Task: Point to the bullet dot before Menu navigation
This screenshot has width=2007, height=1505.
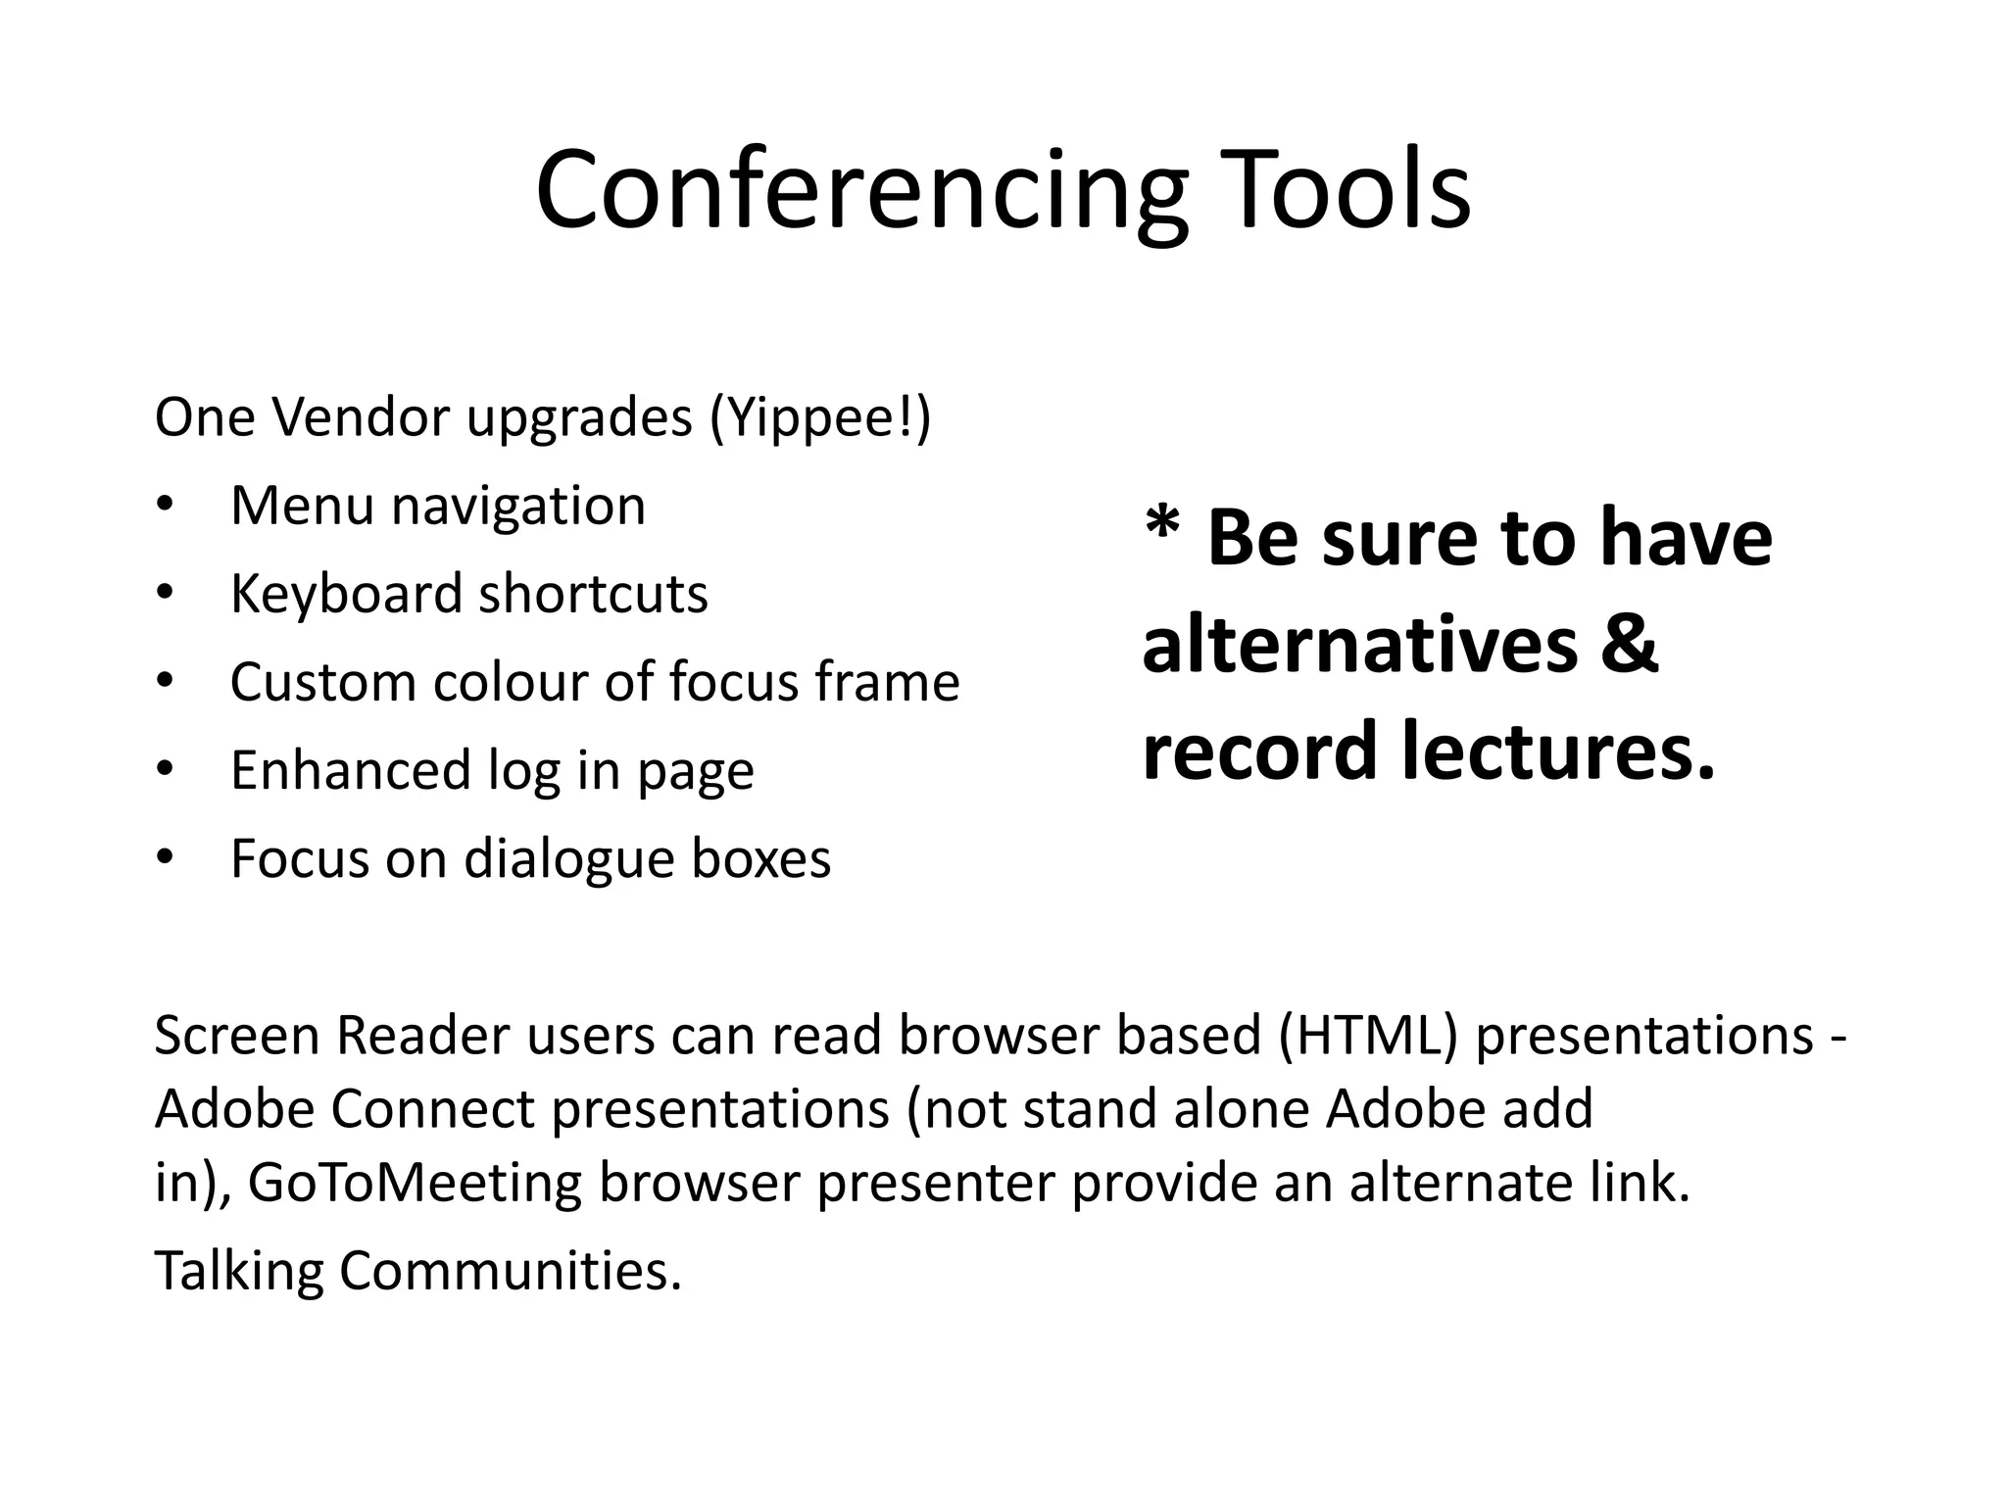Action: tap(165, 506)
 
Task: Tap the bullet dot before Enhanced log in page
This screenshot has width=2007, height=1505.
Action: tap(165, 770)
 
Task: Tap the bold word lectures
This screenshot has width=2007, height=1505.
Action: tap(1558, 751)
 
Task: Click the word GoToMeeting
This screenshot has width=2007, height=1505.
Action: tap(416, 1183)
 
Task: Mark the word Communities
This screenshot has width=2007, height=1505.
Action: tap(510, 1271)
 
